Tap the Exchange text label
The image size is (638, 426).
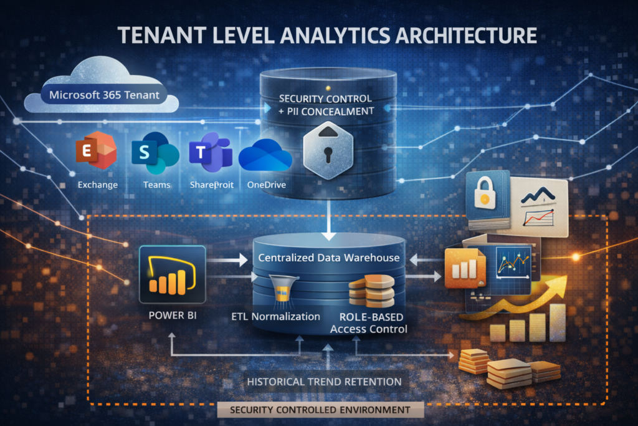(98, 185)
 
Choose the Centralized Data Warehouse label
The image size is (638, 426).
(329, 257)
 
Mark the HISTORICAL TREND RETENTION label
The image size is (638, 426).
(324, 380)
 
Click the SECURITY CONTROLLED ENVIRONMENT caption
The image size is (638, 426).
(320, 410)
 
